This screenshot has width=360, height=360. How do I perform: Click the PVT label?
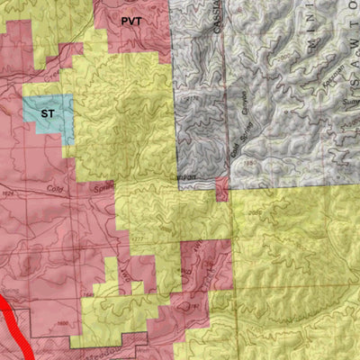coord(130,19)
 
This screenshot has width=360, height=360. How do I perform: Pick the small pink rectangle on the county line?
coord(220,188)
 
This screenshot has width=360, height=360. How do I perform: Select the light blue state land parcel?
coord(46,117)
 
